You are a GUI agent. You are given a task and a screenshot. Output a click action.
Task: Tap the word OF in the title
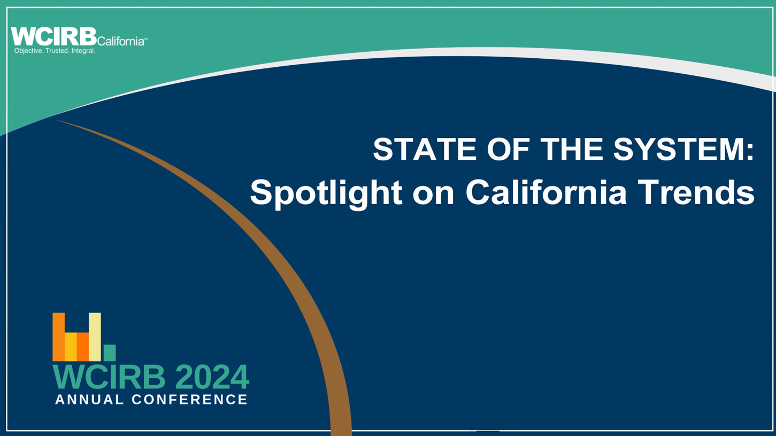point(508,149)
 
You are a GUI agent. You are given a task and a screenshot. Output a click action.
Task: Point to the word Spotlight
point(326,193)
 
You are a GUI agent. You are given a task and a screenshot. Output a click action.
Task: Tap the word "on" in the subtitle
point(433,196)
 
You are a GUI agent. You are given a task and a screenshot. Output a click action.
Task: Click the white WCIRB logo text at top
point(53,37)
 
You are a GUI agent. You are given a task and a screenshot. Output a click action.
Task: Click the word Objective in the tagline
point(29,51)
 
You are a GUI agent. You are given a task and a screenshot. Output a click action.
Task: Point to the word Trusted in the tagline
point(58,51)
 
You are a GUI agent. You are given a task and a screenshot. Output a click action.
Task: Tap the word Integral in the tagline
point(83,51)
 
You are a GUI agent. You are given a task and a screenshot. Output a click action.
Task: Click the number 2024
point(212,377)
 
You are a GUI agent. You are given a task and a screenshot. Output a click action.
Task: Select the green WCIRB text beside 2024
point(109,377)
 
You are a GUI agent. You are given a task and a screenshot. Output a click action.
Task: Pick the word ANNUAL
point(89,400)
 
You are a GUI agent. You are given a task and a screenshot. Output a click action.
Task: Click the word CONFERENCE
point(189,400)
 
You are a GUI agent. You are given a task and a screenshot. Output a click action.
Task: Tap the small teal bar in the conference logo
point(110,353)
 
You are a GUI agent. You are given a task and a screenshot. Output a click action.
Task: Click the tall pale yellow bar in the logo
point(95,337)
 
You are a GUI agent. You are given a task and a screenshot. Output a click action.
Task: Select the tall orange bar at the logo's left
point(58,337)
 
